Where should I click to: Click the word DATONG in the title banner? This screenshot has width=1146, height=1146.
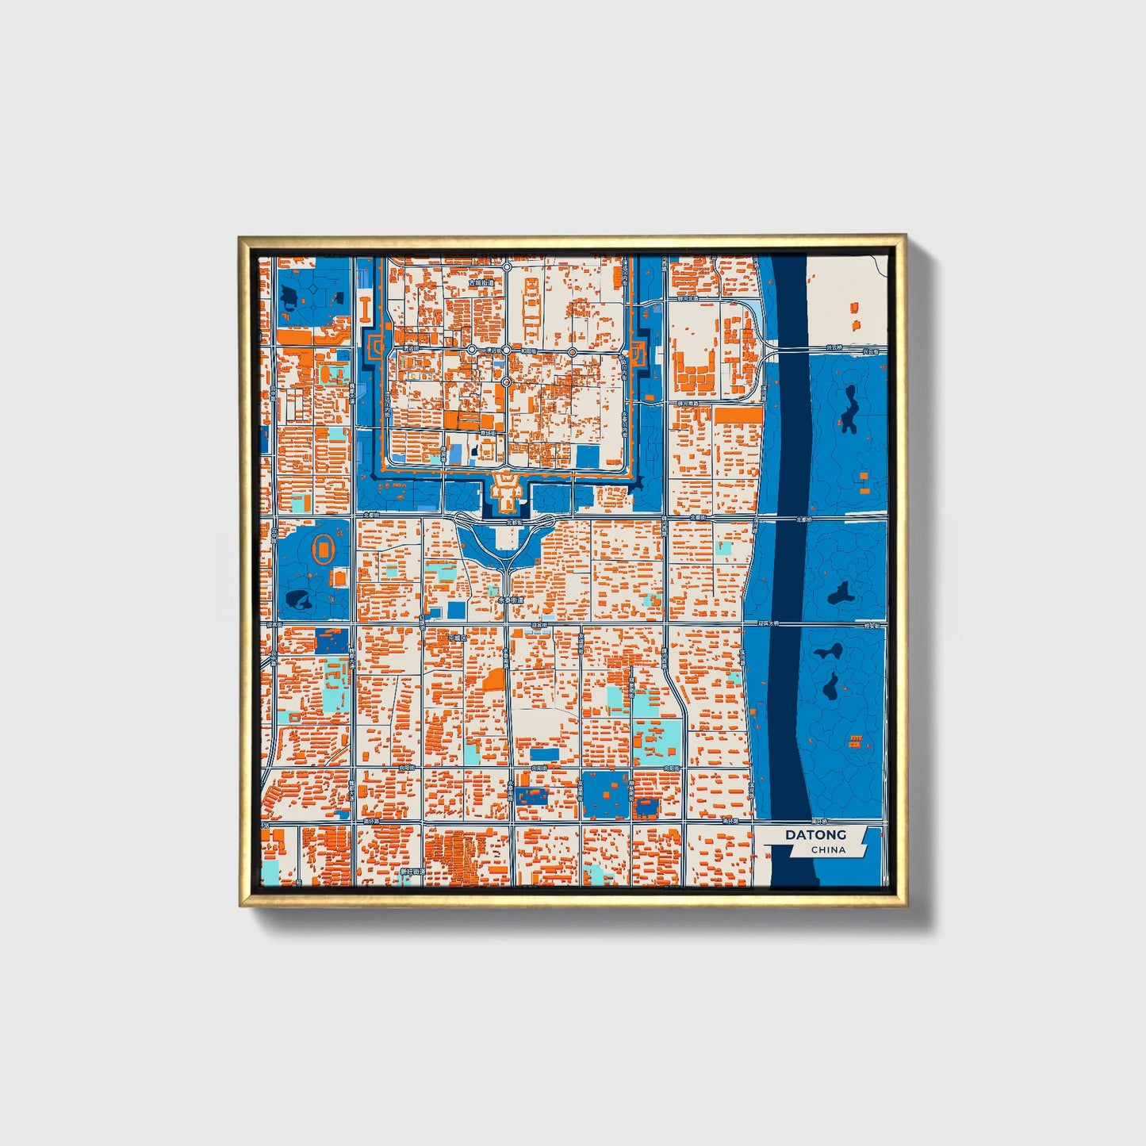coord(815,834)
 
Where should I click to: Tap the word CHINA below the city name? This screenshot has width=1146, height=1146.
coord(828,849)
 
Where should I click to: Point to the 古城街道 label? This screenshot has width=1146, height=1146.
coord(481,282)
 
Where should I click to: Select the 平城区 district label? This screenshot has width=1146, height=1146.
coord(458,637)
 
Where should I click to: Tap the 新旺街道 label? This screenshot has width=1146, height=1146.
coord(412,871)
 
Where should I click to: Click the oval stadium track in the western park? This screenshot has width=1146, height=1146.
coord(324,549)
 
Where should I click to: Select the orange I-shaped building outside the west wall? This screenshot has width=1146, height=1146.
coord(365,309)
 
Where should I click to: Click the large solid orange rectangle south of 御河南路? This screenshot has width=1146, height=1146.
coord(738,415)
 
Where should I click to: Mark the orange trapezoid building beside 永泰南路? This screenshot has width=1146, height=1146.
coord(494,680)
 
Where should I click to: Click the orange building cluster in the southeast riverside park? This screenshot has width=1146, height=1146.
coord(855,742)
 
